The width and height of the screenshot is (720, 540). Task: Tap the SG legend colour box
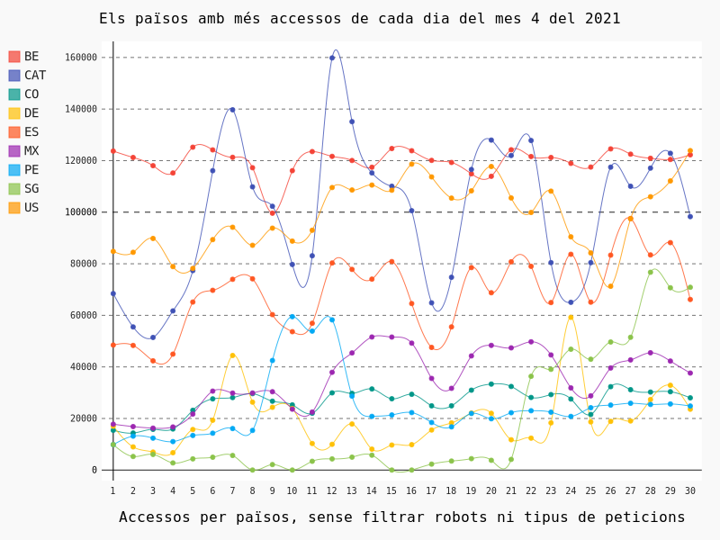[14, 189]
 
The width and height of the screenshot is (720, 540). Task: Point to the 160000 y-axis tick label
[81, 58]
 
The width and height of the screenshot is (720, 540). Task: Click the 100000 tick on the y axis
[81, 212]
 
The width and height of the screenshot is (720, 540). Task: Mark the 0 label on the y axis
[94, 470]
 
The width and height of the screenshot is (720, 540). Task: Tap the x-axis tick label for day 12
[331, 490]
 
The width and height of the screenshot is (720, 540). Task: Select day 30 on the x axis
[690, 490]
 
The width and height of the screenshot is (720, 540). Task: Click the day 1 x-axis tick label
[112, 490]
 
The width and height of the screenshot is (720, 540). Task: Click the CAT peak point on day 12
[332, 58]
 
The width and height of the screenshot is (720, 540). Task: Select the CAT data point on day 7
[232, 110]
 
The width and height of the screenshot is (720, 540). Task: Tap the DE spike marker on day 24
[571, 317]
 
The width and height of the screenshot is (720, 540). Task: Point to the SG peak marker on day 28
[650, 272]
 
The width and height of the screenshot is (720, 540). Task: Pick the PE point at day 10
[292, 317]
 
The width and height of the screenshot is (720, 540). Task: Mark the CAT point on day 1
[112, 293]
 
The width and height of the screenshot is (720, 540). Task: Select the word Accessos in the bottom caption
[155, 517]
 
